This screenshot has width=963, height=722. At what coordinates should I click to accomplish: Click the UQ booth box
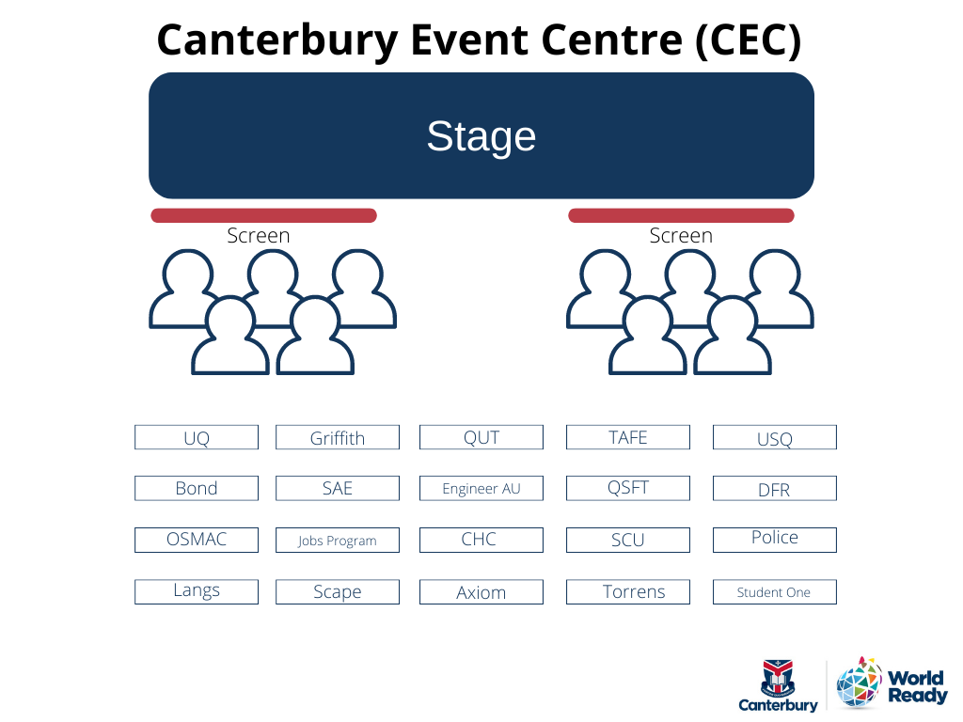[x=197, y=437]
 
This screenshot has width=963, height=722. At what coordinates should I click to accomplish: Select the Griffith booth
[x=338, y=437]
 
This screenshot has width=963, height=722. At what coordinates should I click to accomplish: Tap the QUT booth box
[x=481, y=437]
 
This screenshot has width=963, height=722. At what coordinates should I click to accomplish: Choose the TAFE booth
[x=627, y=437]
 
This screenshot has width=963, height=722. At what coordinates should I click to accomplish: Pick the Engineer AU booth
[x=481, y=488]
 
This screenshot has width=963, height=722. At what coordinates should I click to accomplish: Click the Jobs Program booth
[x=338, y=541]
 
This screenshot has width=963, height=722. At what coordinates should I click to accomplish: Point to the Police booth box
[x=775, y=541]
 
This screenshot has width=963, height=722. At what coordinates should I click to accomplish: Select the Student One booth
[x=775, y=592]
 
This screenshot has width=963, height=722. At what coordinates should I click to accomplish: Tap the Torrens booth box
[x=627, y=592]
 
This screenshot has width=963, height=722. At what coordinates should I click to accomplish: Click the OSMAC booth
[x=197, y=541]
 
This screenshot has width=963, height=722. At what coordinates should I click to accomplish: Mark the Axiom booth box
[x=481, y=592]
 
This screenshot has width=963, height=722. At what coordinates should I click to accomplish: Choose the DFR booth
[x=775, y=488]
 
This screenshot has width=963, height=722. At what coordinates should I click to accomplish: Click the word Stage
[x=481, y=136]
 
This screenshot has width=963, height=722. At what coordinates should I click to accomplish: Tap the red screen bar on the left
[x=263, y=215]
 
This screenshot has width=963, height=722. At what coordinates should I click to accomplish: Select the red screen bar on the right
[x=681, y=215]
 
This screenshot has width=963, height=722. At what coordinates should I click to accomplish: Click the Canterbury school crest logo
[x=778, y=678]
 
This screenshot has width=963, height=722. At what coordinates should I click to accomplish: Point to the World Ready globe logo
[x=860, y=683]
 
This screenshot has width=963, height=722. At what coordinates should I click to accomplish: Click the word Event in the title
[x=469, y=39]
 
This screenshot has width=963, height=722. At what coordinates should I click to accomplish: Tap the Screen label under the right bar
[x=681, y=236]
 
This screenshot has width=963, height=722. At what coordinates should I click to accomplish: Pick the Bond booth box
[x=197, y=488]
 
